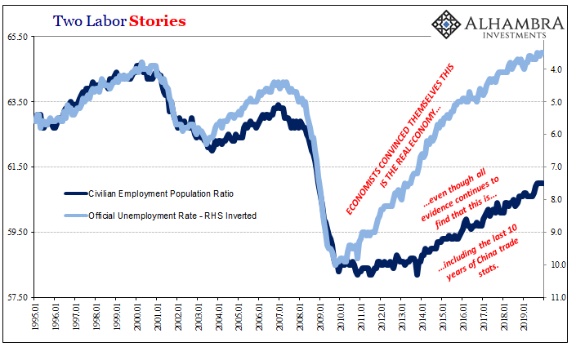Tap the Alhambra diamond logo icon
446,25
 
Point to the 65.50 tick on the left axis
18,37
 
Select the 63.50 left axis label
18,102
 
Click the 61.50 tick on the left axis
18,167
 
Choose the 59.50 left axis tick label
18,232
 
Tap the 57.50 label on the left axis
18,297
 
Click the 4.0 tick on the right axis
558,70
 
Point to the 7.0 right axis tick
558,167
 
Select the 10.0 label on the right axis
558,265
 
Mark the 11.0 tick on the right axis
558,297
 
